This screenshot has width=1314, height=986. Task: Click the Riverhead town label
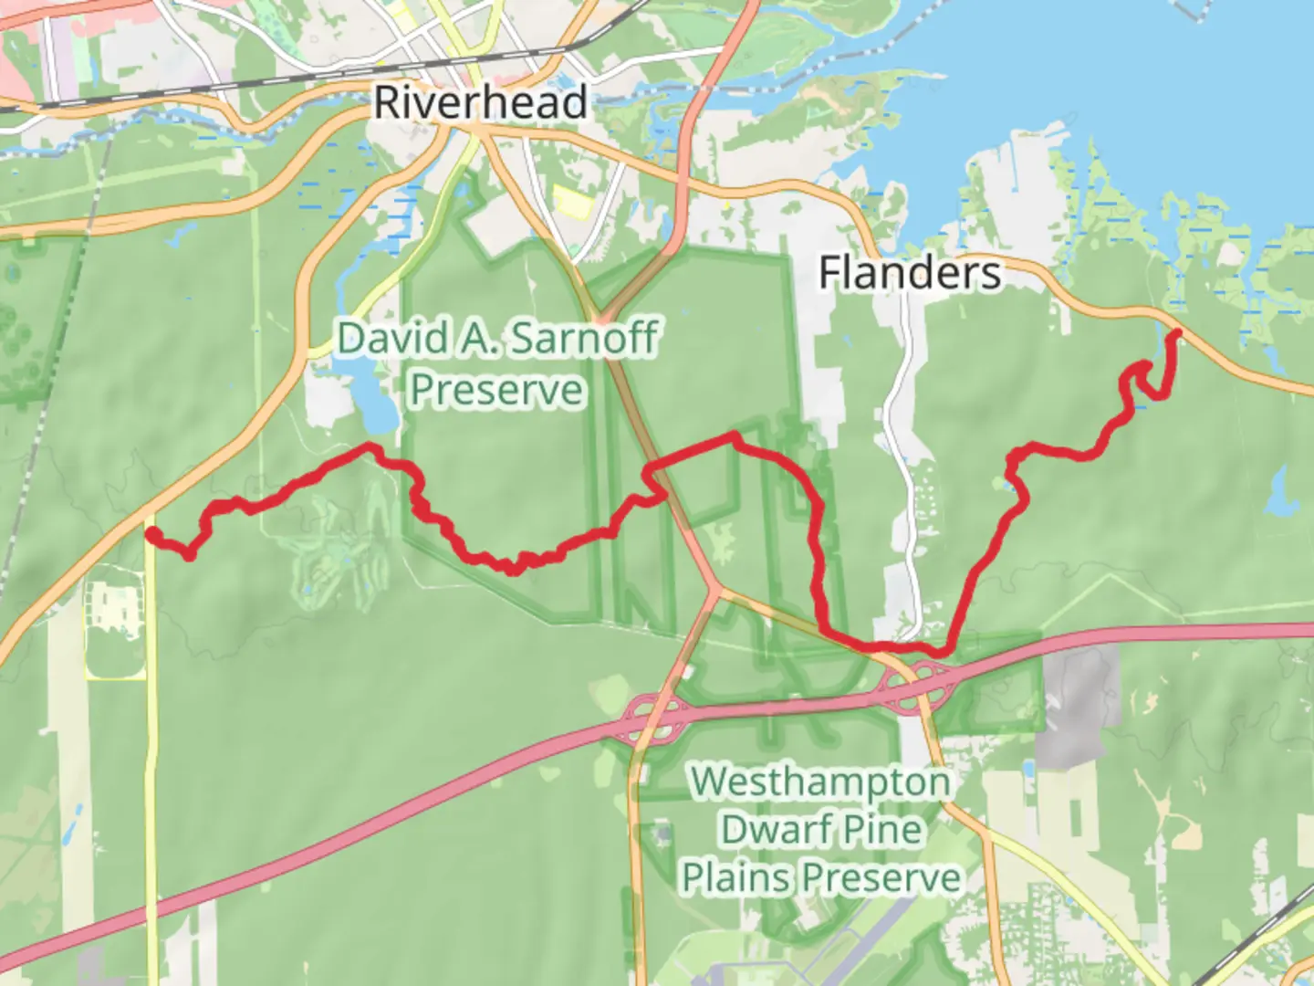click(480, 101)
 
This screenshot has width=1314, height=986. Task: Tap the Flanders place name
click(909, 273)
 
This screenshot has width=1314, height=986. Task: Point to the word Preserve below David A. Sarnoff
click(496, 390)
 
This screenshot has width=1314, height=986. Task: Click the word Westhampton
click(819, 782)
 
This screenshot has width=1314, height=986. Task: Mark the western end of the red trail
click(152, 533)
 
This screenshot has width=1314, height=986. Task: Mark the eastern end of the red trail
click(1176, 334)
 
